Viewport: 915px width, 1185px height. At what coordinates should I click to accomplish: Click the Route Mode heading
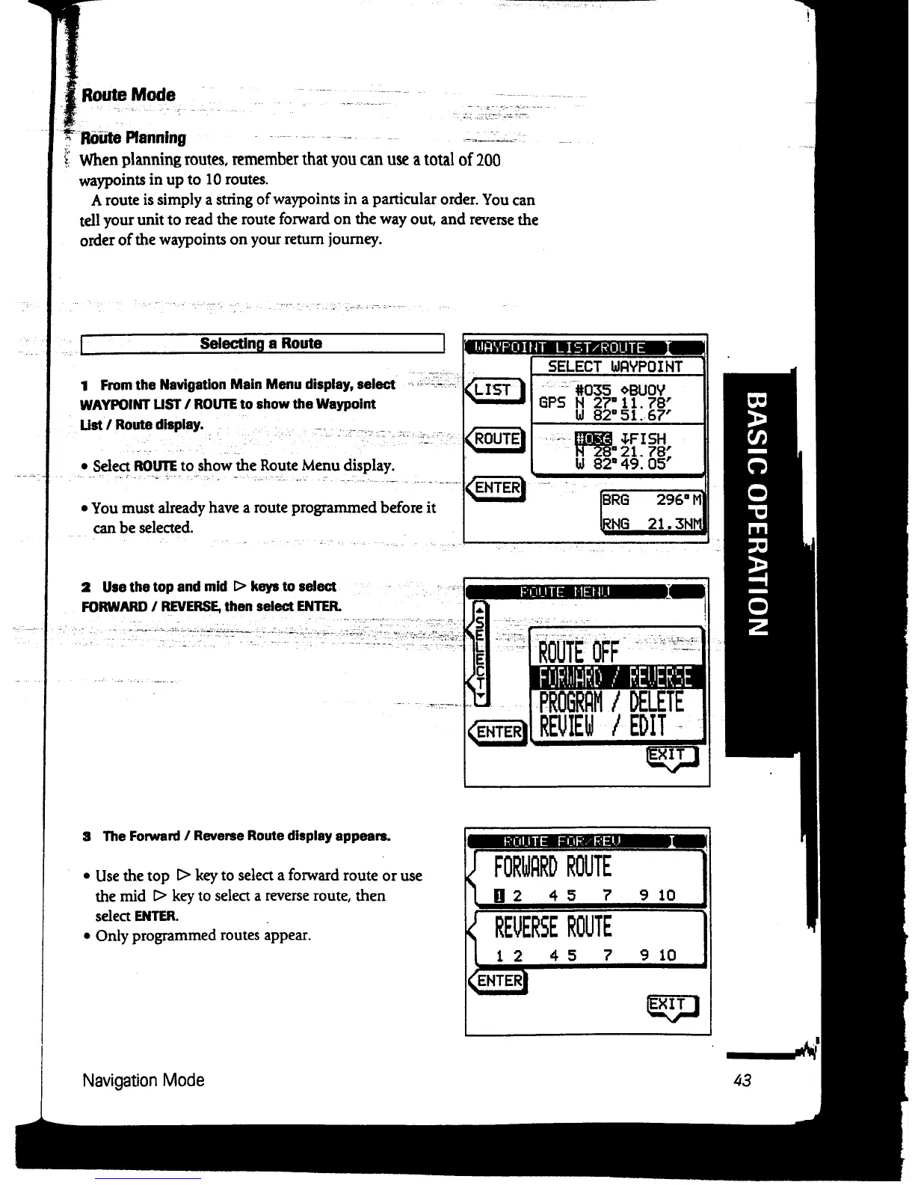pyautogui.click(x=128, y=95)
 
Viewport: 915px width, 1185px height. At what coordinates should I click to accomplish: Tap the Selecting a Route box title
pyautogui.click(x=261, y=343)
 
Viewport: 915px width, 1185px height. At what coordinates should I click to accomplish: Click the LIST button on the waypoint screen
pyautogui.click(x=493, y=391)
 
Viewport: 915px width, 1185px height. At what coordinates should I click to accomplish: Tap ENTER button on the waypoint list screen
pyautogui.click(x=496, y=489)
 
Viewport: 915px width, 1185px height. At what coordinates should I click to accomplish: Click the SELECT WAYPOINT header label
pyautogui.click(x=615, y=367)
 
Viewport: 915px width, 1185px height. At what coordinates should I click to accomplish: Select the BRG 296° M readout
pyautogui.click(x=653, y=500)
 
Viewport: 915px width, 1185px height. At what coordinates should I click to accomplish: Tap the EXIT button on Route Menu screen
pyautogui.click(x=672, y=756)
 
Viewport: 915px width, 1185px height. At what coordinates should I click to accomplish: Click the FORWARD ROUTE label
pyautogui.click(x=552, y=867)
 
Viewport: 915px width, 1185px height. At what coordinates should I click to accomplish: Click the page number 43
pyautogui.click(x=742, y=1080)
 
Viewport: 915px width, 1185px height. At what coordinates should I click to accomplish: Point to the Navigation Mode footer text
pyautogui.click(x=143, y=1080)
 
